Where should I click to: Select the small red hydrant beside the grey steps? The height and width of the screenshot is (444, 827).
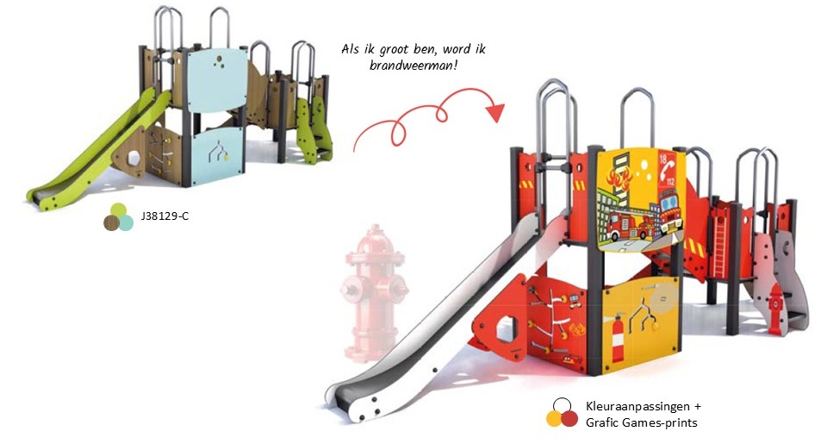(x=776, y=309)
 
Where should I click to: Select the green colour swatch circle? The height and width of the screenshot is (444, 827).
(x=119, y=210)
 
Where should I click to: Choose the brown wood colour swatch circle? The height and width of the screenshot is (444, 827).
(x=112, y=222)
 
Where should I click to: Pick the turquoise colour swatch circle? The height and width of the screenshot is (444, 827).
(x=126, y=222)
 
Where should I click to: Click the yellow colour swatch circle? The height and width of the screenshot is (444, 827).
(x=555, y=419)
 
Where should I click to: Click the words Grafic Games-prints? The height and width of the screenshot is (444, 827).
(x=641, y=422)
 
